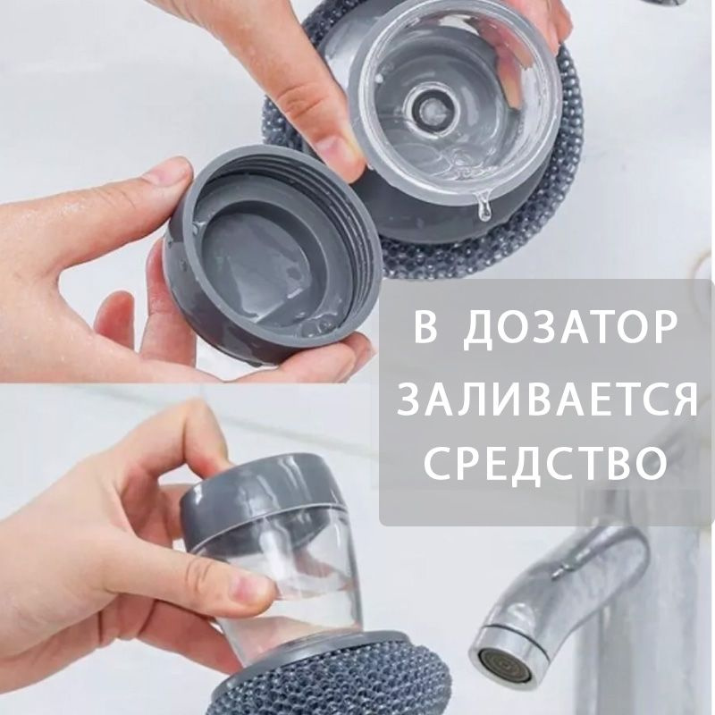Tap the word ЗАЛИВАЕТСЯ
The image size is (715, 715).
[x=547, y=400]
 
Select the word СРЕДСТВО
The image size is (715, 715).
[x=546, y=464]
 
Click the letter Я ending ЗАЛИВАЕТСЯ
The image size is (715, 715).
[x=683, y=400]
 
